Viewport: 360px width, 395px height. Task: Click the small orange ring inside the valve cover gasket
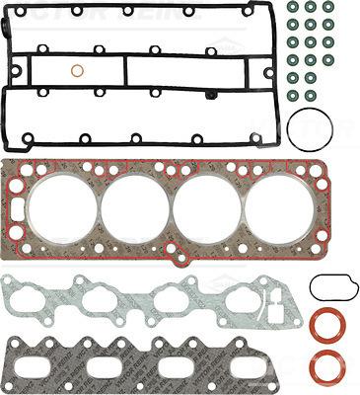click(77, 71)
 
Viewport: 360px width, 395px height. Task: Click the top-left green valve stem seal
click(292, 7)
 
